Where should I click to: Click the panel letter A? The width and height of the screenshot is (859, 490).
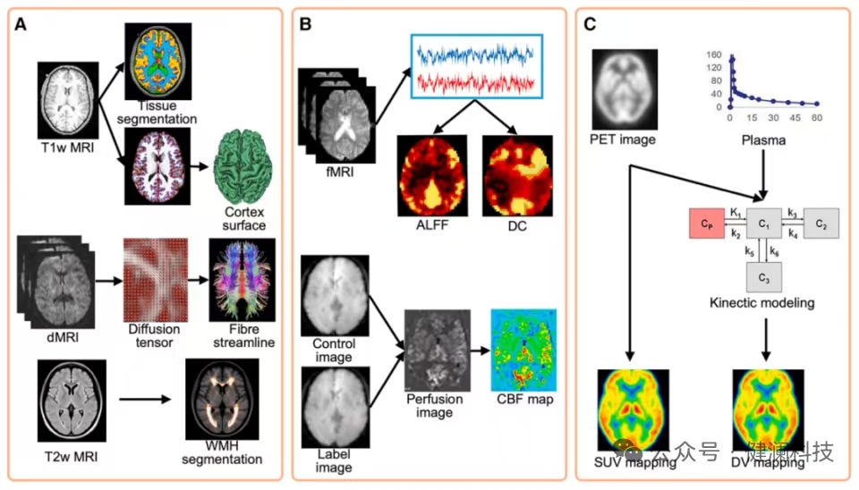point(21,25)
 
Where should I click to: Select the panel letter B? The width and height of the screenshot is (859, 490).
point(305,25)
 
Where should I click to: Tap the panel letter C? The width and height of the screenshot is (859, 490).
point(591,25)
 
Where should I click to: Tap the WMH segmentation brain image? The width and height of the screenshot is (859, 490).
point(221,400)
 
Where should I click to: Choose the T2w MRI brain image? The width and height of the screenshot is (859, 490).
point(72,400)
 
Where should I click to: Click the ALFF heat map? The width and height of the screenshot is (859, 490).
point(433,174)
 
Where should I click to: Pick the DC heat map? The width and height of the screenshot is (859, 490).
point(511,174)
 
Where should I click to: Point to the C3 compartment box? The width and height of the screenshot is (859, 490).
point(763,278)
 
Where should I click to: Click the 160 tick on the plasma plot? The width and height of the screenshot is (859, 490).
point(714,55)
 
